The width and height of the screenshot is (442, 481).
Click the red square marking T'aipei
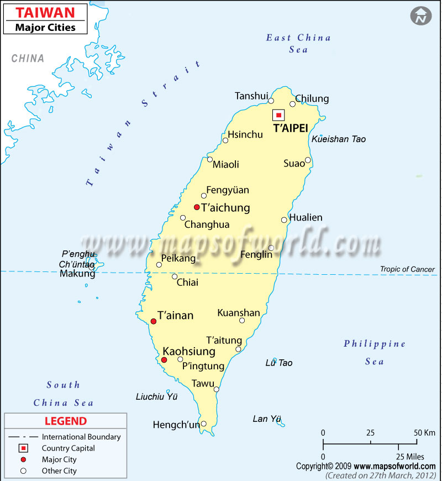(x=279, y=115)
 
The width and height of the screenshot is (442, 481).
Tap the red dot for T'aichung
(x=197, y=207)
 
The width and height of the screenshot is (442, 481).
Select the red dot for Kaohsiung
(x=164, y=360)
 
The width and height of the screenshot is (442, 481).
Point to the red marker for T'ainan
(x=154, y=321)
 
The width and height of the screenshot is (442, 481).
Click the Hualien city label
(x=306, y=217)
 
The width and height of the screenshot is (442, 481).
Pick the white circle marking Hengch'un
(x=203, y=424)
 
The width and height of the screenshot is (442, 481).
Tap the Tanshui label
(x=251, y=96)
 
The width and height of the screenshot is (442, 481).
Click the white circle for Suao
(x=308, y=160)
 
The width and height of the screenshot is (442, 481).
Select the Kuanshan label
(x=239, y=313)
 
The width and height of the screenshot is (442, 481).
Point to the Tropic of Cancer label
(x=407, y=269)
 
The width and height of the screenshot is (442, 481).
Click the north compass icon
(x=420, y=16)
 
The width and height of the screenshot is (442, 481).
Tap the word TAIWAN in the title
(x=37, y=12)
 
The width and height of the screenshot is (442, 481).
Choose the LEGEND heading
(x=66, y=421)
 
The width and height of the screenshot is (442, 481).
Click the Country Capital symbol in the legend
(x=23, y=448)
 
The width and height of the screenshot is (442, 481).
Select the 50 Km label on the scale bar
(x=422, y=432)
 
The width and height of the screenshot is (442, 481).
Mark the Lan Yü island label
(x=267, y=419)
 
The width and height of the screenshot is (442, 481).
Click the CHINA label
(x=28, y=58)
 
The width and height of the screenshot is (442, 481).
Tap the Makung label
(x=77, y=274)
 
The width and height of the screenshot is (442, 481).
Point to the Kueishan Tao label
(x=339, y=139)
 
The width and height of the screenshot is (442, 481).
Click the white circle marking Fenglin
(x=271, y=248)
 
